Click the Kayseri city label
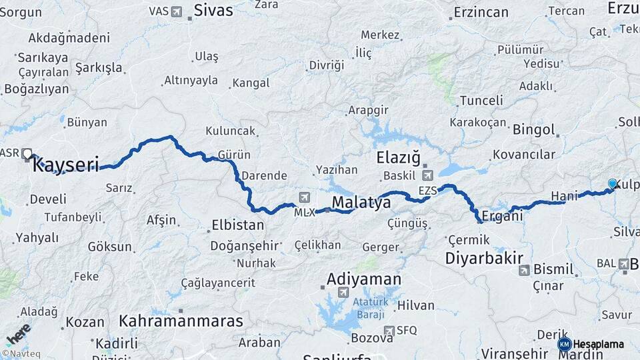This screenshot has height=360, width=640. click(x=66, y=164)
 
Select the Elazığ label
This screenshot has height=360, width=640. click(x=398, y=158)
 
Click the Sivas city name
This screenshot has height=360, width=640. click(x=213, y=10)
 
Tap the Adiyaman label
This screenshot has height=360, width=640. click(x=363, y=279)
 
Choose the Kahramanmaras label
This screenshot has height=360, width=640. click(x=181, y=321)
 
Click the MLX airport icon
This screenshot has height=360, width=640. click(x=305, y=197)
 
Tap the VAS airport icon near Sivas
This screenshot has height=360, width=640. click(x=176, y=11)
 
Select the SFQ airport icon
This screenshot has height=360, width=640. click(x=389, y=330)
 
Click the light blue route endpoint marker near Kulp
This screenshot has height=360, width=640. click(x=612, y=184)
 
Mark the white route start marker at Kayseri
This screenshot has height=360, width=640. click(x=27, y=154)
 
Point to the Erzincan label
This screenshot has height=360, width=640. click(x=481, y=12)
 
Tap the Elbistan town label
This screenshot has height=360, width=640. click(x=238, y=225)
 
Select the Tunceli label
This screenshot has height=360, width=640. click(x=481, y=101)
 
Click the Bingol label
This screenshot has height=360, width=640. click(x=533, y=129)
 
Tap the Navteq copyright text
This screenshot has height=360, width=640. click(x=21, y=353)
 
